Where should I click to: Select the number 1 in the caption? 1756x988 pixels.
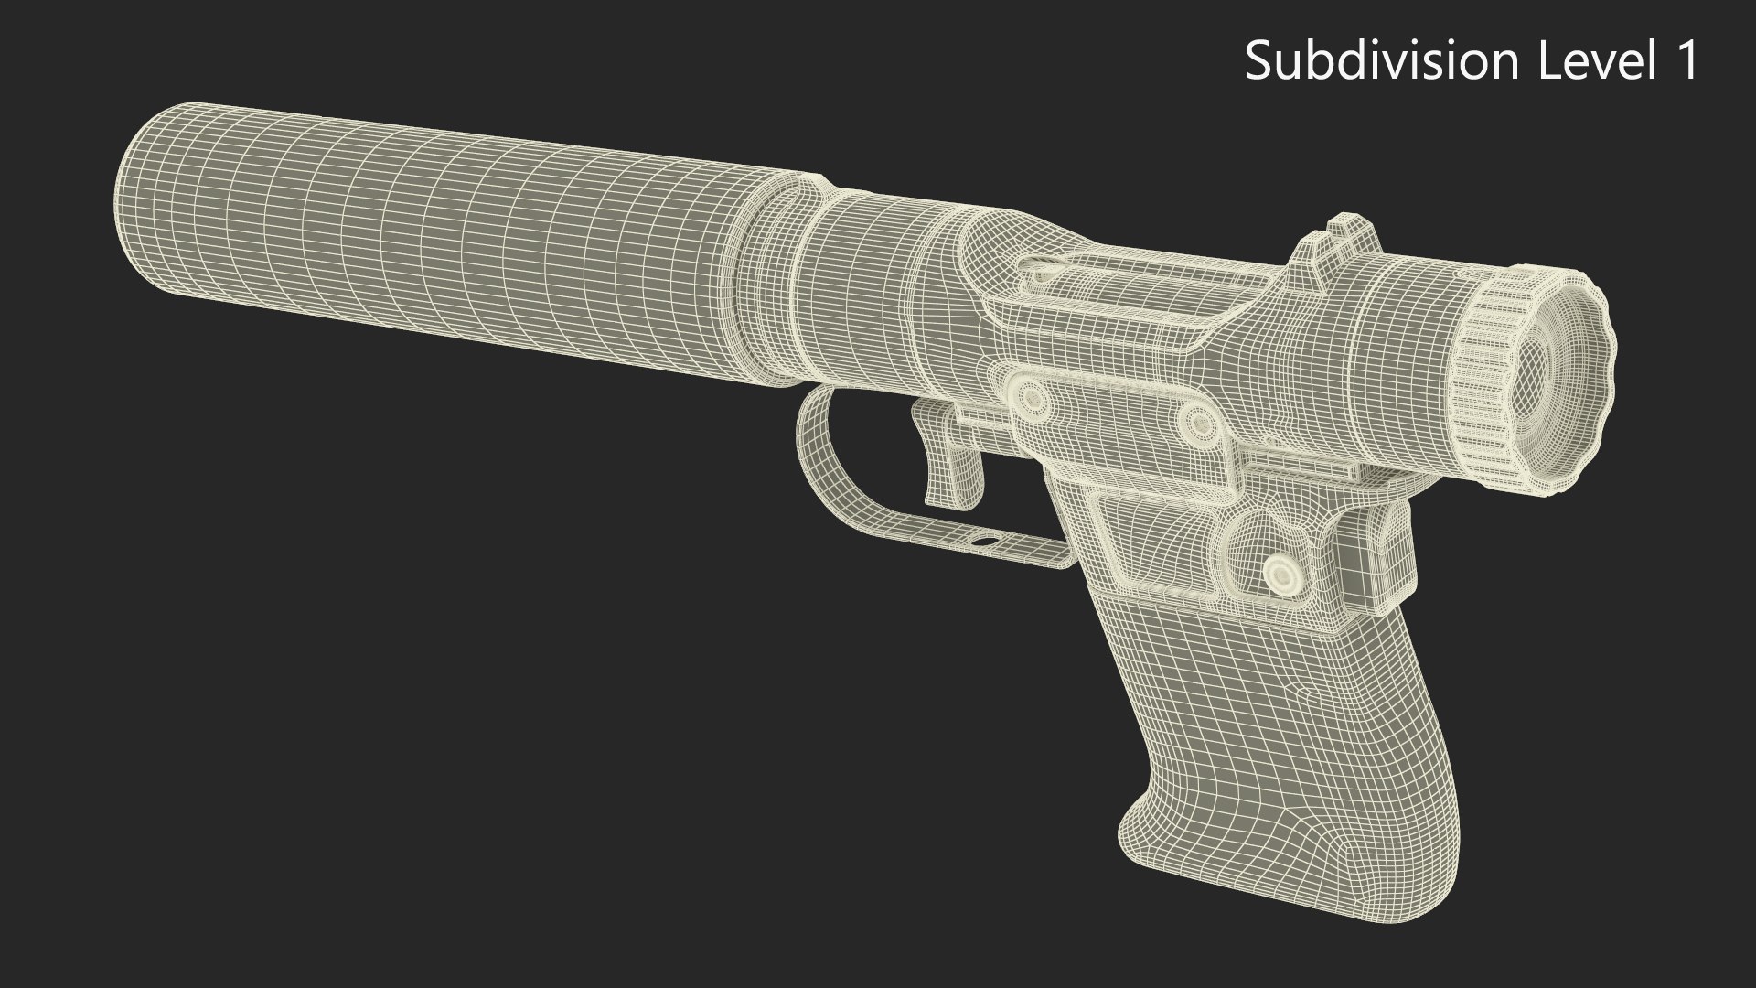click(x=1686, y=62)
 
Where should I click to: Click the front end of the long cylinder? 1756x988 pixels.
click(x=137, y=201)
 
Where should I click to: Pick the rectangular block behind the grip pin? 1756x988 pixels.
click(x=1376, y=549)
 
